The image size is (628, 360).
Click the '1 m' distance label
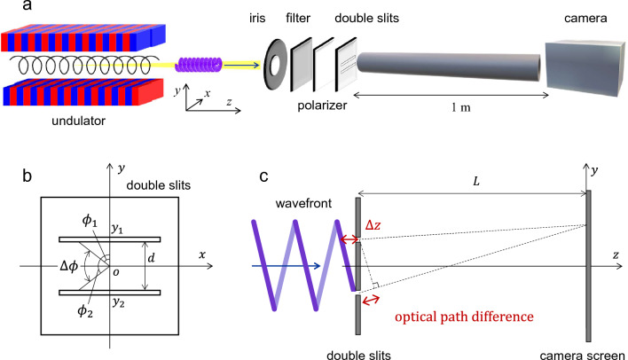point(460,107)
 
